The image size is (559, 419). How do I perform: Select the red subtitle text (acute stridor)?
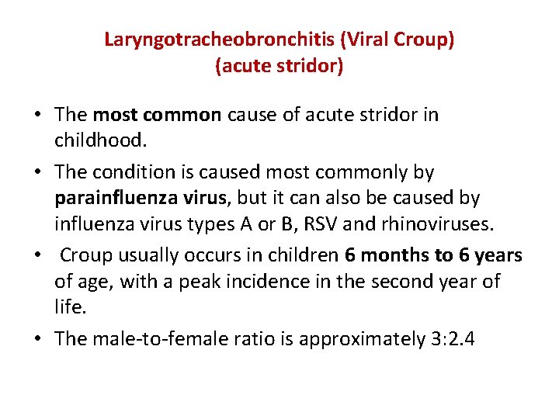(279, 66)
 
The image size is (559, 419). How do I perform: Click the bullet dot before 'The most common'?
(36, 116)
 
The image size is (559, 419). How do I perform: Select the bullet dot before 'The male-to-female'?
(36, 339)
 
